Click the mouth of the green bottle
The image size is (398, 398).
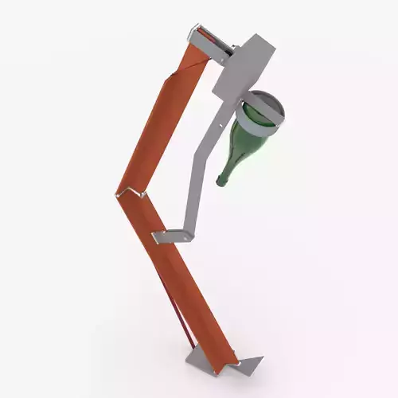[x=222, y=181]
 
